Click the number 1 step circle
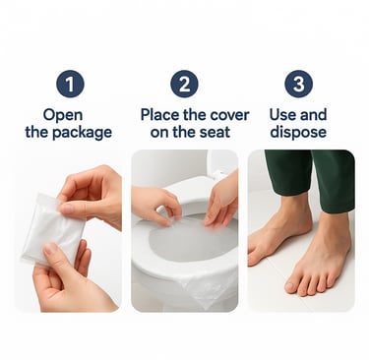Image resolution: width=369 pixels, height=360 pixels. (x=70, y=84)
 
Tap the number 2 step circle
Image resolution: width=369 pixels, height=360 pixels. (x=184, y=84)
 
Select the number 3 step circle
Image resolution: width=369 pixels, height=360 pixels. (x=298, y=84)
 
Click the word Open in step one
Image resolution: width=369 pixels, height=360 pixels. (x=63, y=116)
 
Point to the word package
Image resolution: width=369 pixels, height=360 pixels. (x=82, y=133)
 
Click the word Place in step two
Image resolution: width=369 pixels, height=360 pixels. (x=160, y=115)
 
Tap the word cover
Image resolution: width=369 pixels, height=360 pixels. (x=229, y=115)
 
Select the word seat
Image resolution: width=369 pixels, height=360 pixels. (x=215, y=133)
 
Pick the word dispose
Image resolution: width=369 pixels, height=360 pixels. (x=298, y=132)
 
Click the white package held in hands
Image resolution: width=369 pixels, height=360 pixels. (x=52, y=228)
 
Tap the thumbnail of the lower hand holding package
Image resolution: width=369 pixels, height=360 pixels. (x=51, y=249)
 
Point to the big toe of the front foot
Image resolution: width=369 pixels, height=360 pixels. (x=291, y=286)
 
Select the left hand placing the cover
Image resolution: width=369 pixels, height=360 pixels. (x=155, y=205)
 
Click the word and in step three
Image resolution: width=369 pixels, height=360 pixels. (x=314, y=115)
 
